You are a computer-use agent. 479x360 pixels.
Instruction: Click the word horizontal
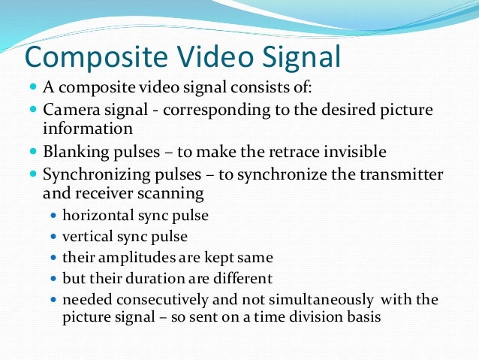point(98,215)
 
